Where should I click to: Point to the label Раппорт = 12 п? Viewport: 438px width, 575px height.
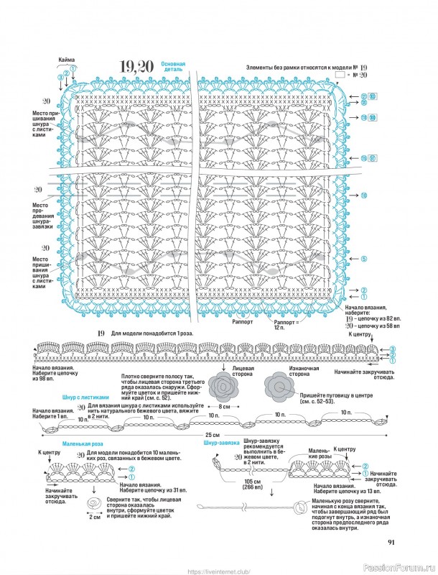pos(284,325)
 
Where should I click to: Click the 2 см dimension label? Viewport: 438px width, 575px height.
pos(95,516)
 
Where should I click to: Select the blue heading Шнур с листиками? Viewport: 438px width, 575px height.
pos(86,397)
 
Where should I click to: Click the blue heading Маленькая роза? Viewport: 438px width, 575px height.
pos(80,446)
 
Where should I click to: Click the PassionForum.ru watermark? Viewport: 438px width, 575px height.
pos(406,566)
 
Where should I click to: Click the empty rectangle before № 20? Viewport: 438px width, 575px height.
pos(340,74)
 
